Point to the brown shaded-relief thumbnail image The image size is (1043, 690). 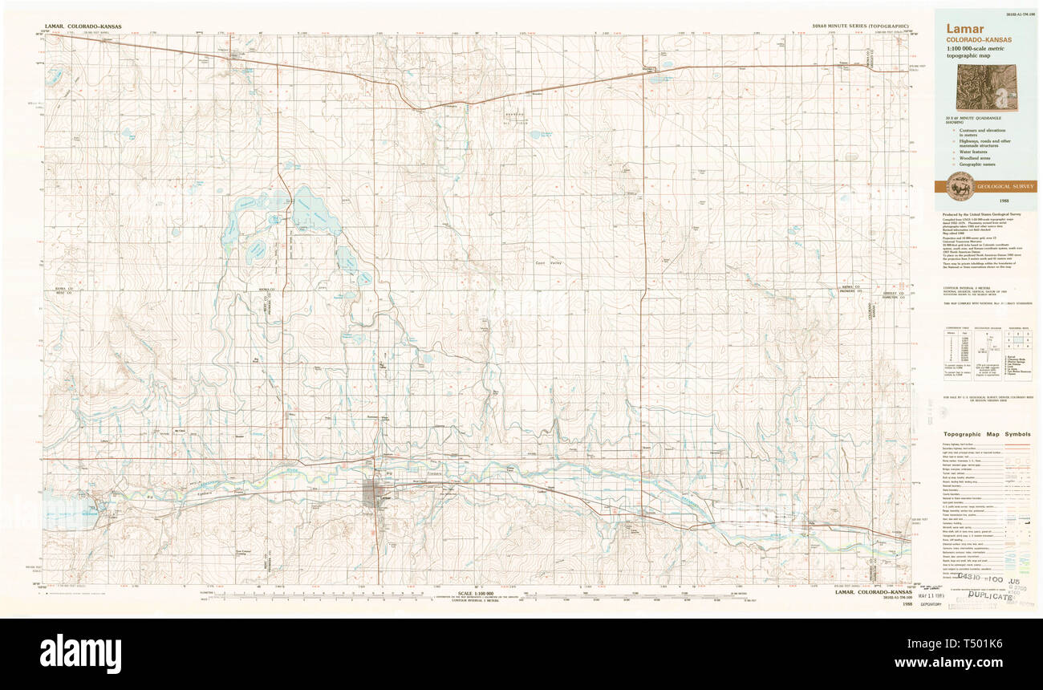pyautogui.click(x=986, y=87)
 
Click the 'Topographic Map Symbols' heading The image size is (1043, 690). pyautogui.click(x=986, y=434)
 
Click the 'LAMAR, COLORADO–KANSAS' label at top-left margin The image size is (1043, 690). pyautogui.click(x=82, y=26)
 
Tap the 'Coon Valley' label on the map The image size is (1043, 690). pyautogui.click(x=550, y=262)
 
